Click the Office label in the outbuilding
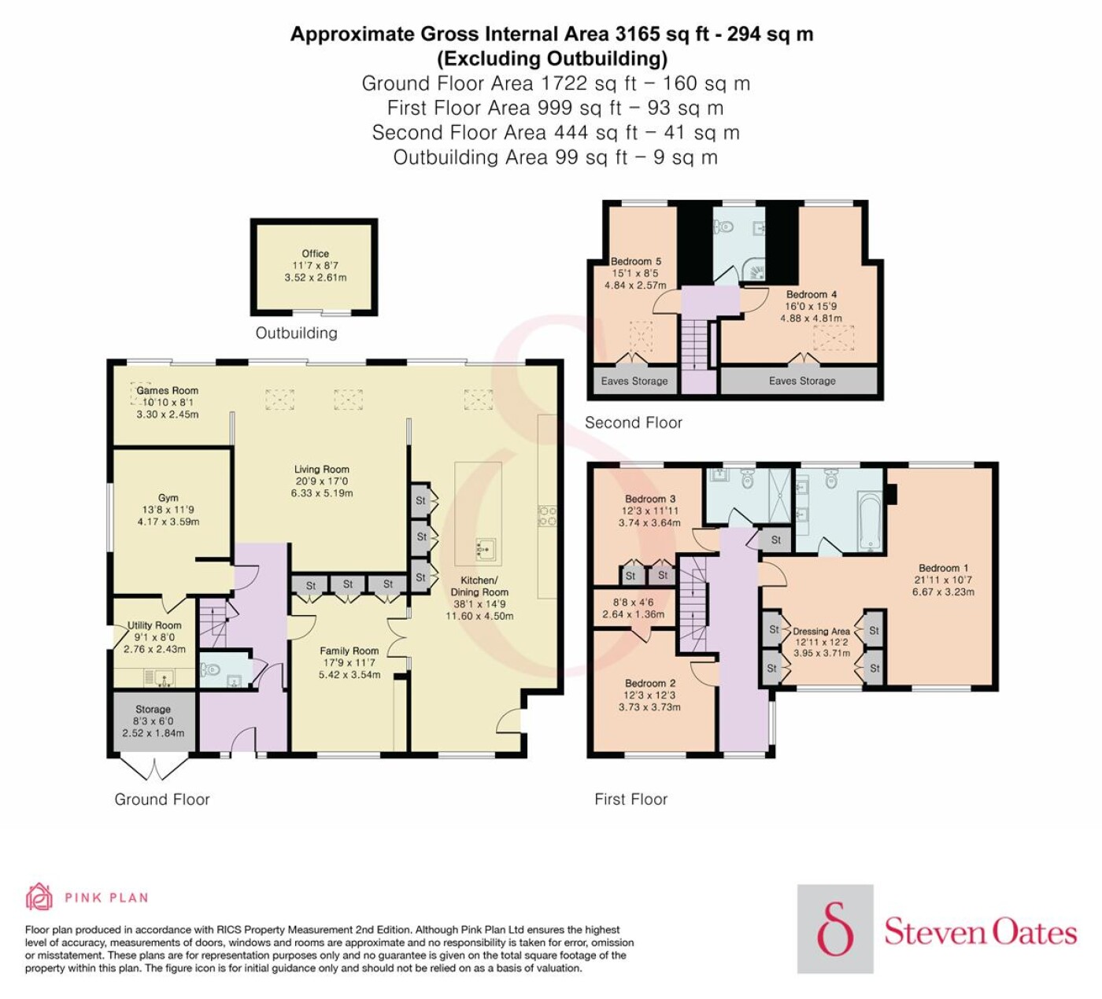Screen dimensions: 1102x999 coord(316,254)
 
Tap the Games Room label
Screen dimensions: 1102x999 coord(168,390)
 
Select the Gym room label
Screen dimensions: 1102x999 coord(168,498)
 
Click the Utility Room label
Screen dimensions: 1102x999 coord(154,625)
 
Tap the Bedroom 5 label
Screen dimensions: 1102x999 coord(636,261)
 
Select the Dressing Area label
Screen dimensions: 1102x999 coord(821,631)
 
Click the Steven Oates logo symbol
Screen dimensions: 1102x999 coord(835,929)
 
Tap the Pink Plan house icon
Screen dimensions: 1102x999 coord(39,898)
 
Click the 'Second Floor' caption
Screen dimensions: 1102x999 coord(634,422)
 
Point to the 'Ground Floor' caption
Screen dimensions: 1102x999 coord(162,799)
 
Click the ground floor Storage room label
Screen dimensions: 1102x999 coord(153,709)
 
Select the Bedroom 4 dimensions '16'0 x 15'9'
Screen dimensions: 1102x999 coord(811,306)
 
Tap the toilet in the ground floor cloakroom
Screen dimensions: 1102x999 coord(210,669)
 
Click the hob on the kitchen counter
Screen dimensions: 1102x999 coord(547,516)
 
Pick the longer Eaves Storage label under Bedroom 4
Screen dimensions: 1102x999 coord(802,381)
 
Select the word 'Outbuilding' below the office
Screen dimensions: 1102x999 coord(297,333)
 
